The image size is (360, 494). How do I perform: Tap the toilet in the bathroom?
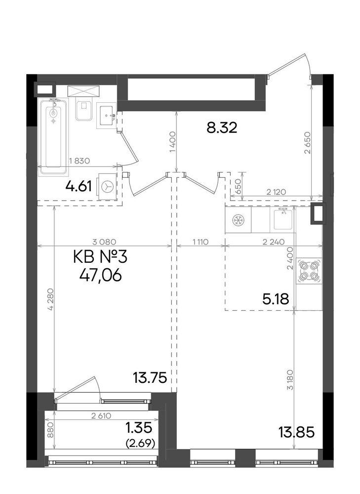point(82,110)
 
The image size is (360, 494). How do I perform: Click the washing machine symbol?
point(107,186)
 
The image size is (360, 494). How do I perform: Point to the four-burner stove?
point(309,271)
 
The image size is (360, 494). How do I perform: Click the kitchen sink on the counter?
point(283,219)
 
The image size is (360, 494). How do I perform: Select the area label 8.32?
point(222,128)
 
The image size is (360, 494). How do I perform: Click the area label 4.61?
point(80,187)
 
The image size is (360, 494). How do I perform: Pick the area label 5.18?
point(275,298)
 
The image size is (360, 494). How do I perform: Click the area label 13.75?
point(149,378)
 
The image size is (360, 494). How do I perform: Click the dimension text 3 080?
point(103,242)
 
